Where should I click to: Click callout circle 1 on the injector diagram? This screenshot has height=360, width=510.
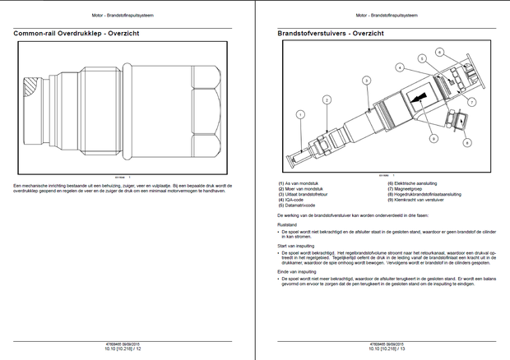301,115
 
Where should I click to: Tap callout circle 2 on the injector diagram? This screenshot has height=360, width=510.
327,99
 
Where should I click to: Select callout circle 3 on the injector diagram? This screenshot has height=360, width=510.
365,80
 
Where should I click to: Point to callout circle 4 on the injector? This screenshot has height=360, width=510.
398,67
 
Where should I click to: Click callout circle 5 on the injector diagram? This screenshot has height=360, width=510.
421,58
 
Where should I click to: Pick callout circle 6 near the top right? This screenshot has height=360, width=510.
439,53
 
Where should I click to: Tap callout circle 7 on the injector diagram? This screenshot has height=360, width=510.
472,101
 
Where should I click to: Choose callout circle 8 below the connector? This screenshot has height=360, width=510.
466,142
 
